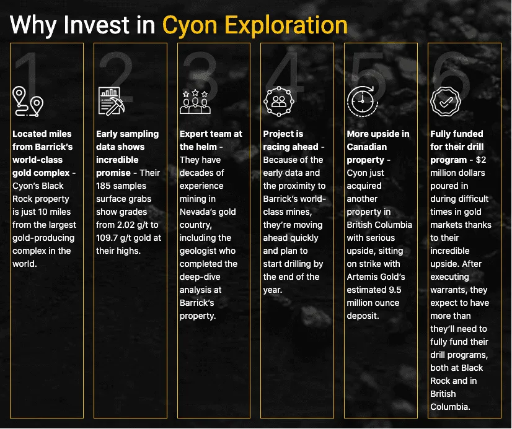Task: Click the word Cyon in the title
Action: click(x=190, y=25)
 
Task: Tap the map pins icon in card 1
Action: click(x=28, y=102)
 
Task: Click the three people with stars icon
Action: click(x=195, y=102)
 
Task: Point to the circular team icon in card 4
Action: click(x=279, y=101)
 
